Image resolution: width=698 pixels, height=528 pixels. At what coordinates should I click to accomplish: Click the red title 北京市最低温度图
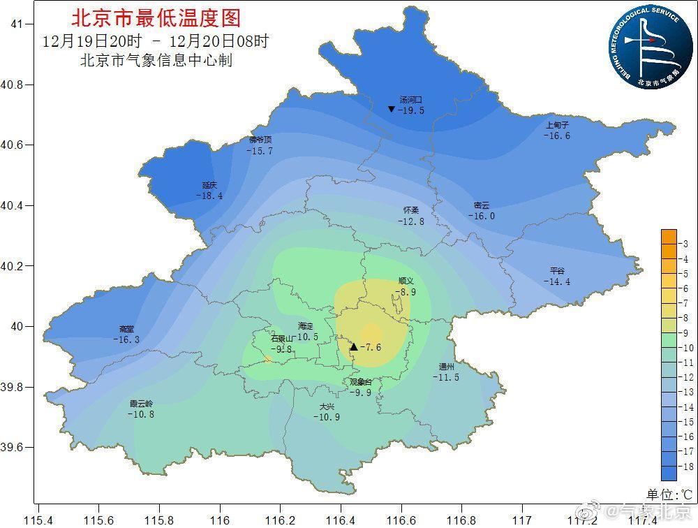click(x=155, y=17)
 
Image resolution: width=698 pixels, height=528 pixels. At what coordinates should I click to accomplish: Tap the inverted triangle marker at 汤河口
click(x=392, y=109)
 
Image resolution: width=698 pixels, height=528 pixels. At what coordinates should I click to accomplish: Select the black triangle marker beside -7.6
click(x=354, y=346)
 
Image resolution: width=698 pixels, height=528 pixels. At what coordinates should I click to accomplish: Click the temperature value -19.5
click(x=410, y=110)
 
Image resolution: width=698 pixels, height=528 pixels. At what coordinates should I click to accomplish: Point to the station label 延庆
click(x=209, y=185)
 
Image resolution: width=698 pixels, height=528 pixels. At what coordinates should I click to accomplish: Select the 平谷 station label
click(x=557, y=271)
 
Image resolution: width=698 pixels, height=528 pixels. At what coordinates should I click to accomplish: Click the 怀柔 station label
click(x=411, y=210)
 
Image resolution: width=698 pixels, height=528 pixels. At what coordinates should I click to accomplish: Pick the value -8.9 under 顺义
click(x=406, y=292)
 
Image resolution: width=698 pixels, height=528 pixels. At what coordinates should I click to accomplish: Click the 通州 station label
click(x=447, y=367)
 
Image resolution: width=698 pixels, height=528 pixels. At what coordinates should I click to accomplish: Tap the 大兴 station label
click(x=327, y=406)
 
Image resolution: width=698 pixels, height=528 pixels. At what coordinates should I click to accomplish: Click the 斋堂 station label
click(x=126, y=329)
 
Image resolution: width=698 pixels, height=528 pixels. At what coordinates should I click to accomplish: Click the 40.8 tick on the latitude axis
click(x=13, y=85)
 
